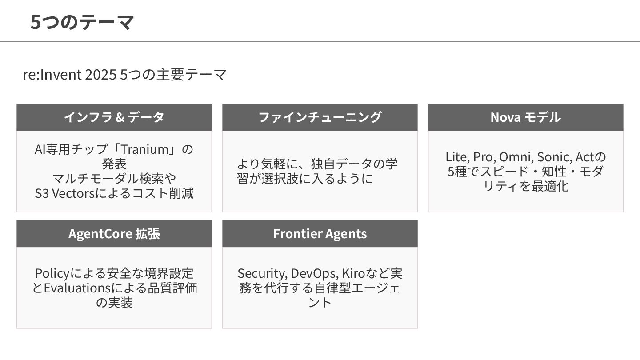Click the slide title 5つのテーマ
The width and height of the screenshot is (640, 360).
tap(82, 22)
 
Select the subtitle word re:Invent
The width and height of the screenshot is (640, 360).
tap(52, 75)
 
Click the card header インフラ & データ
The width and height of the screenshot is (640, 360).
tap(114, 117)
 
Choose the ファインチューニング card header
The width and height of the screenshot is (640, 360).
tap(320, 117)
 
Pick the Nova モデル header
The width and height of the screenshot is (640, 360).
tap(525, 117)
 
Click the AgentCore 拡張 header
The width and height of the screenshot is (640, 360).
tap(114, 233)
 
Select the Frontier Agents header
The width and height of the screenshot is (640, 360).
tap(320, 233)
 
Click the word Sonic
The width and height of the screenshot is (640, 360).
tap(553, 157)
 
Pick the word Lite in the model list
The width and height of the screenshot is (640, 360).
tap(456, 157)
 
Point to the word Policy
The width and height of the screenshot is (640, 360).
tap(50, 273)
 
